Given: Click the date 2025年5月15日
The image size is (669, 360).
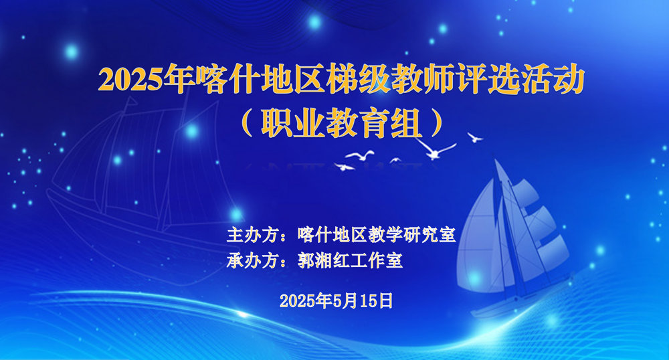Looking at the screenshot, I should [x=336, y=300].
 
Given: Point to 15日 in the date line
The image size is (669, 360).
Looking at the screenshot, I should [x=379, y=300].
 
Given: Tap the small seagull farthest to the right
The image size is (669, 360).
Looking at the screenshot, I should [x=475, y=137].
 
